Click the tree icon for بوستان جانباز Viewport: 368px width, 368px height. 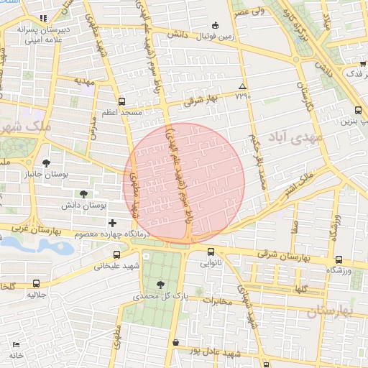pyautogui.click(x=47, y=163)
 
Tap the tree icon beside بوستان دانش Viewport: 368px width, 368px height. pyautogui.click(x=84, y=194)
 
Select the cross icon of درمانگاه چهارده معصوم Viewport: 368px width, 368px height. pyautogui.click(x=112, y=223)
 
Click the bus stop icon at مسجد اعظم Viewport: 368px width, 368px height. pyautogui.click(x=121, y=101)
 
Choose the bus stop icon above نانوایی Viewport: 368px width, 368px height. pyautogui.click(x=211, y=252)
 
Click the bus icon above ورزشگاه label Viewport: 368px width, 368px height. pyautogui.click(x=339, y=259)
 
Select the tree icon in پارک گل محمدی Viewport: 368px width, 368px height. pyautogui.click(x=160, y=285)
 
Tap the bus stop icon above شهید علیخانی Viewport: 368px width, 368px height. pyautogui.click(x=117, y=254)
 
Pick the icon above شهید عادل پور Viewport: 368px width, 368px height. pyautogui.click(x=177, y=343)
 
